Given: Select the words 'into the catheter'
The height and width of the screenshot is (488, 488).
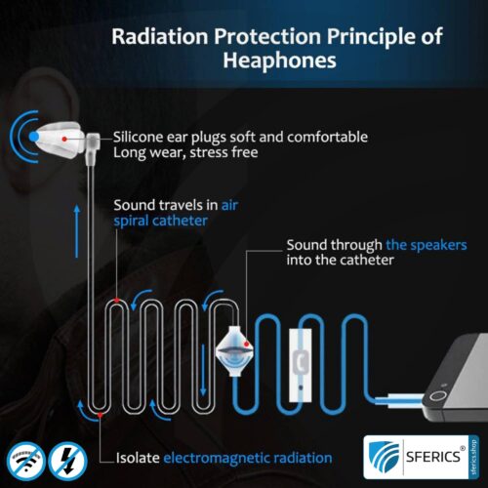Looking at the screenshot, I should click(x=343, y=262).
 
